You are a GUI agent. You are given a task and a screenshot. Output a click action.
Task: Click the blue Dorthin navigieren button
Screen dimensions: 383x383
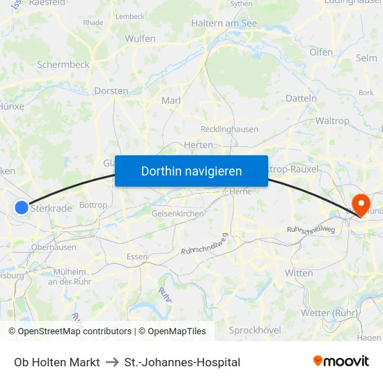191,171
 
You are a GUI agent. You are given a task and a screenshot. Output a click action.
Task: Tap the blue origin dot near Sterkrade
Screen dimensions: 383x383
22,207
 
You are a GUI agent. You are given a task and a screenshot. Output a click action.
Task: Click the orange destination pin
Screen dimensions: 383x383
361,205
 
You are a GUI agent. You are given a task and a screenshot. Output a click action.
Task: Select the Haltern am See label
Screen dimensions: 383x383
224,24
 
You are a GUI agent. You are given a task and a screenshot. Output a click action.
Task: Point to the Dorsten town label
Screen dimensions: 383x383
111,91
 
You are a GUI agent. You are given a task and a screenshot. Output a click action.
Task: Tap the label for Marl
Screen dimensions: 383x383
171,101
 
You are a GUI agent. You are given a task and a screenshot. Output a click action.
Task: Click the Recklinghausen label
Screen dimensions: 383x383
229,129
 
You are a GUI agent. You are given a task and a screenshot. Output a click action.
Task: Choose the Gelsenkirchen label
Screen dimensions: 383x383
178,213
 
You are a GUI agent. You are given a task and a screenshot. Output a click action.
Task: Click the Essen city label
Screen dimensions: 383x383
137,256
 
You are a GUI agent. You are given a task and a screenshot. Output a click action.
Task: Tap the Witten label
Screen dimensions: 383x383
299,273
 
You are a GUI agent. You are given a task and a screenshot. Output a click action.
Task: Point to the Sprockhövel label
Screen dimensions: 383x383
254,330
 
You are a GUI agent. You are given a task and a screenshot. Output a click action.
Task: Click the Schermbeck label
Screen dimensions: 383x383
63,65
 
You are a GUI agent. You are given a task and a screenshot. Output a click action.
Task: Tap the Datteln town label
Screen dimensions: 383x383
301,98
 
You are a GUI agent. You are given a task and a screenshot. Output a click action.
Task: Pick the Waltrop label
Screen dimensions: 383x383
332,120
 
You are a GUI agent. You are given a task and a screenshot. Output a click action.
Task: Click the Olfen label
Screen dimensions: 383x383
321,52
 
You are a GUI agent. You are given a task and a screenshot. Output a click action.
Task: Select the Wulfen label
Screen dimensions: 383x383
140,38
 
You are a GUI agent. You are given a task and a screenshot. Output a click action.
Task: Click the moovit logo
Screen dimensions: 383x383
341,361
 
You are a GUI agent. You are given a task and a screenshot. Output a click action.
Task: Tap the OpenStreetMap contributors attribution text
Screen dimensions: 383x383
75,331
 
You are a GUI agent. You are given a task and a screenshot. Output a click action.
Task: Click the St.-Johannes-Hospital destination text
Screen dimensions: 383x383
182,362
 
